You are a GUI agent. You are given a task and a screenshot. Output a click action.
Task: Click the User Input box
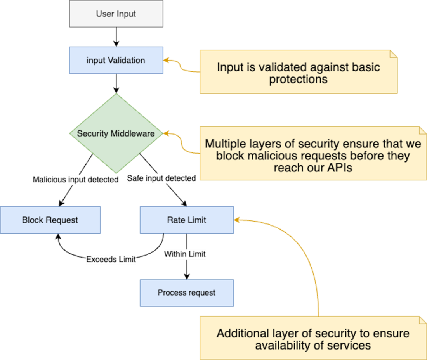pyautogui.click(x=116, y=14)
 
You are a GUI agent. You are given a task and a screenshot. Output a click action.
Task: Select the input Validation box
pyautogui.click(x=116, y=60)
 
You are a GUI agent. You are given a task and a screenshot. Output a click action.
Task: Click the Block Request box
pyautogui.click(x=50, y=220)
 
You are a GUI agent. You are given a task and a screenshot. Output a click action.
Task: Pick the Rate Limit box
pyautogui.click(x=187, y=220)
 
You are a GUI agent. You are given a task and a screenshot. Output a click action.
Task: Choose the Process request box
pyautogui.click(x=187, y=292)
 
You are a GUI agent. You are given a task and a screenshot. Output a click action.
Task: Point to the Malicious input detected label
pyautogui.click(x=75, y=180)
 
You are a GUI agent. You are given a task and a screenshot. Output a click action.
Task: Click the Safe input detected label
pyautogui.click(x=161, y=178)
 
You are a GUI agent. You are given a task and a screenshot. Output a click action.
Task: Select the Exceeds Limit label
pyautogui.click(x=111, y=259)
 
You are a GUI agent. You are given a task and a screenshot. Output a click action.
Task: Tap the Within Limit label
pyautogui.click(x=185, y=254)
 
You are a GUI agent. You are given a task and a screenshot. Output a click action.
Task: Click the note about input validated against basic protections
pyautogui.click(x=298, y=73)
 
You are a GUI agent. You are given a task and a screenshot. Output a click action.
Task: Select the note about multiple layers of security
pyautogui.click(x=312, y=155)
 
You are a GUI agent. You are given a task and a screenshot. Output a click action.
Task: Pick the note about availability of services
pyautogui.click(x=312, y=339)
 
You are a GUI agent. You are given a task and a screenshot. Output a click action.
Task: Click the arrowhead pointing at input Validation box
pyautogui.click(x=166, y=60)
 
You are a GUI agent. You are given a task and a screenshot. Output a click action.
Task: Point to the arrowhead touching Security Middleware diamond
pyautogui.click(x=165, y=133)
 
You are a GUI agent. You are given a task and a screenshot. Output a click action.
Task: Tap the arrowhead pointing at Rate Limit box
pyautogui.click(x=237, y=220)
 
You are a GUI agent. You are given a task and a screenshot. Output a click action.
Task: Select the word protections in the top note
pyautogui.click(x=298, y=79)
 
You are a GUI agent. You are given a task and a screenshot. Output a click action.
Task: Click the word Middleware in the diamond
pyautogui.click(x=133, y=133)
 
